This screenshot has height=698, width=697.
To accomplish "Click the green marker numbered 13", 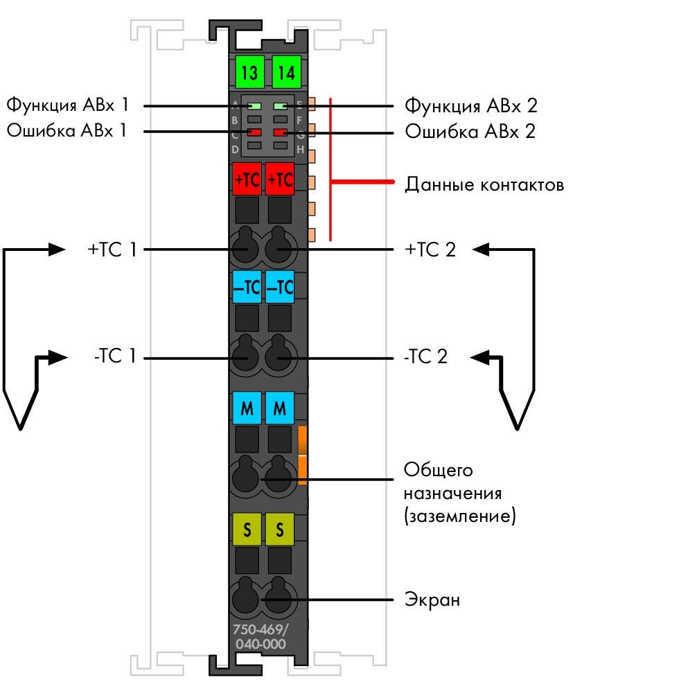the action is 249,72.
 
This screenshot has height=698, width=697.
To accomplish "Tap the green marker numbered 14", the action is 286,72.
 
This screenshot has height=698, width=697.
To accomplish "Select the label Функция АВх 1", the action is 67,105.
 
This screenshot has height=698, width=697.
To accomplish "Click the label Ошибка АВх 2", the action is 470,131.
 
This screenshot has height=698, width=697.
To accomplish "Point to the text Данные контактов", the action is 484,185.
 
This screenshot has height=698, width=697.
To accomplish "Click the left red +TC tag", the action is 247,179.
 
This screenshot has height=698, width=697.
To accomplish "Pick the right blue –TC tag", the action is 279,287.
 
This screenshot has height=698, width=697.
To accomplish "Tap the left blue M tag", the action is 247,408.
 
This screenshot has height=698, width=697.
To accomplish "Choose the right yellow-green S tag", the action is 279,530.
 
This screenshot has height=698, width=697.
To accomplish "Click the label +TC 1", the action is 112,250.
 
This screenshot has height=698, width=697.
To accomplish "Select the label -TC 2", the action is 425,356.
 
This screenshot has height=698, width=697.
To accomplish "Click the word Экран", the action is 432,600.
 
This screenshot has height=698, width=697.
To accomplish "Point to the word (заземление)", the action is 460,516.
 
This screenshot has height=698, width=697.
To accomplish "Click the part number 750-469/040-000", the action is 261,636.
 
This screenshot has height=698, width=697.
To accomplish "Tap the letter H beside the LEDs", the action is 300,150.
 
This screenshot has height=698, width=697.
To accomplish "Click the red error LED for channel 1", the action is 254,132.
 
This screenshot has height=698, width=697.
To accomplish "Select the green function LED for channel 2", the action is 281,106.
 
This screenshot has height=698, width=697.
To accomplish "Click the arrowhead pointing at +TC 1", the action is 57,250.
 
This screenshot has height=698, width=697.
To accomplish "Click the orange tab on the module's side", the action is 302,455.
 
